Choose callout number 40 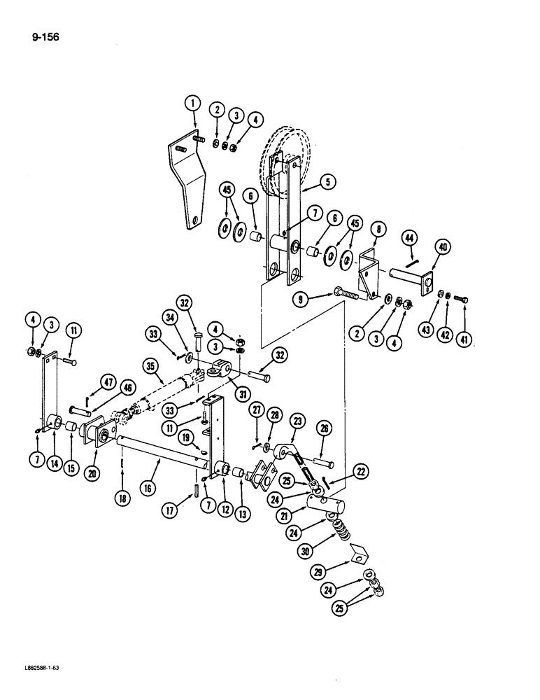(x=443, y=246)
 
